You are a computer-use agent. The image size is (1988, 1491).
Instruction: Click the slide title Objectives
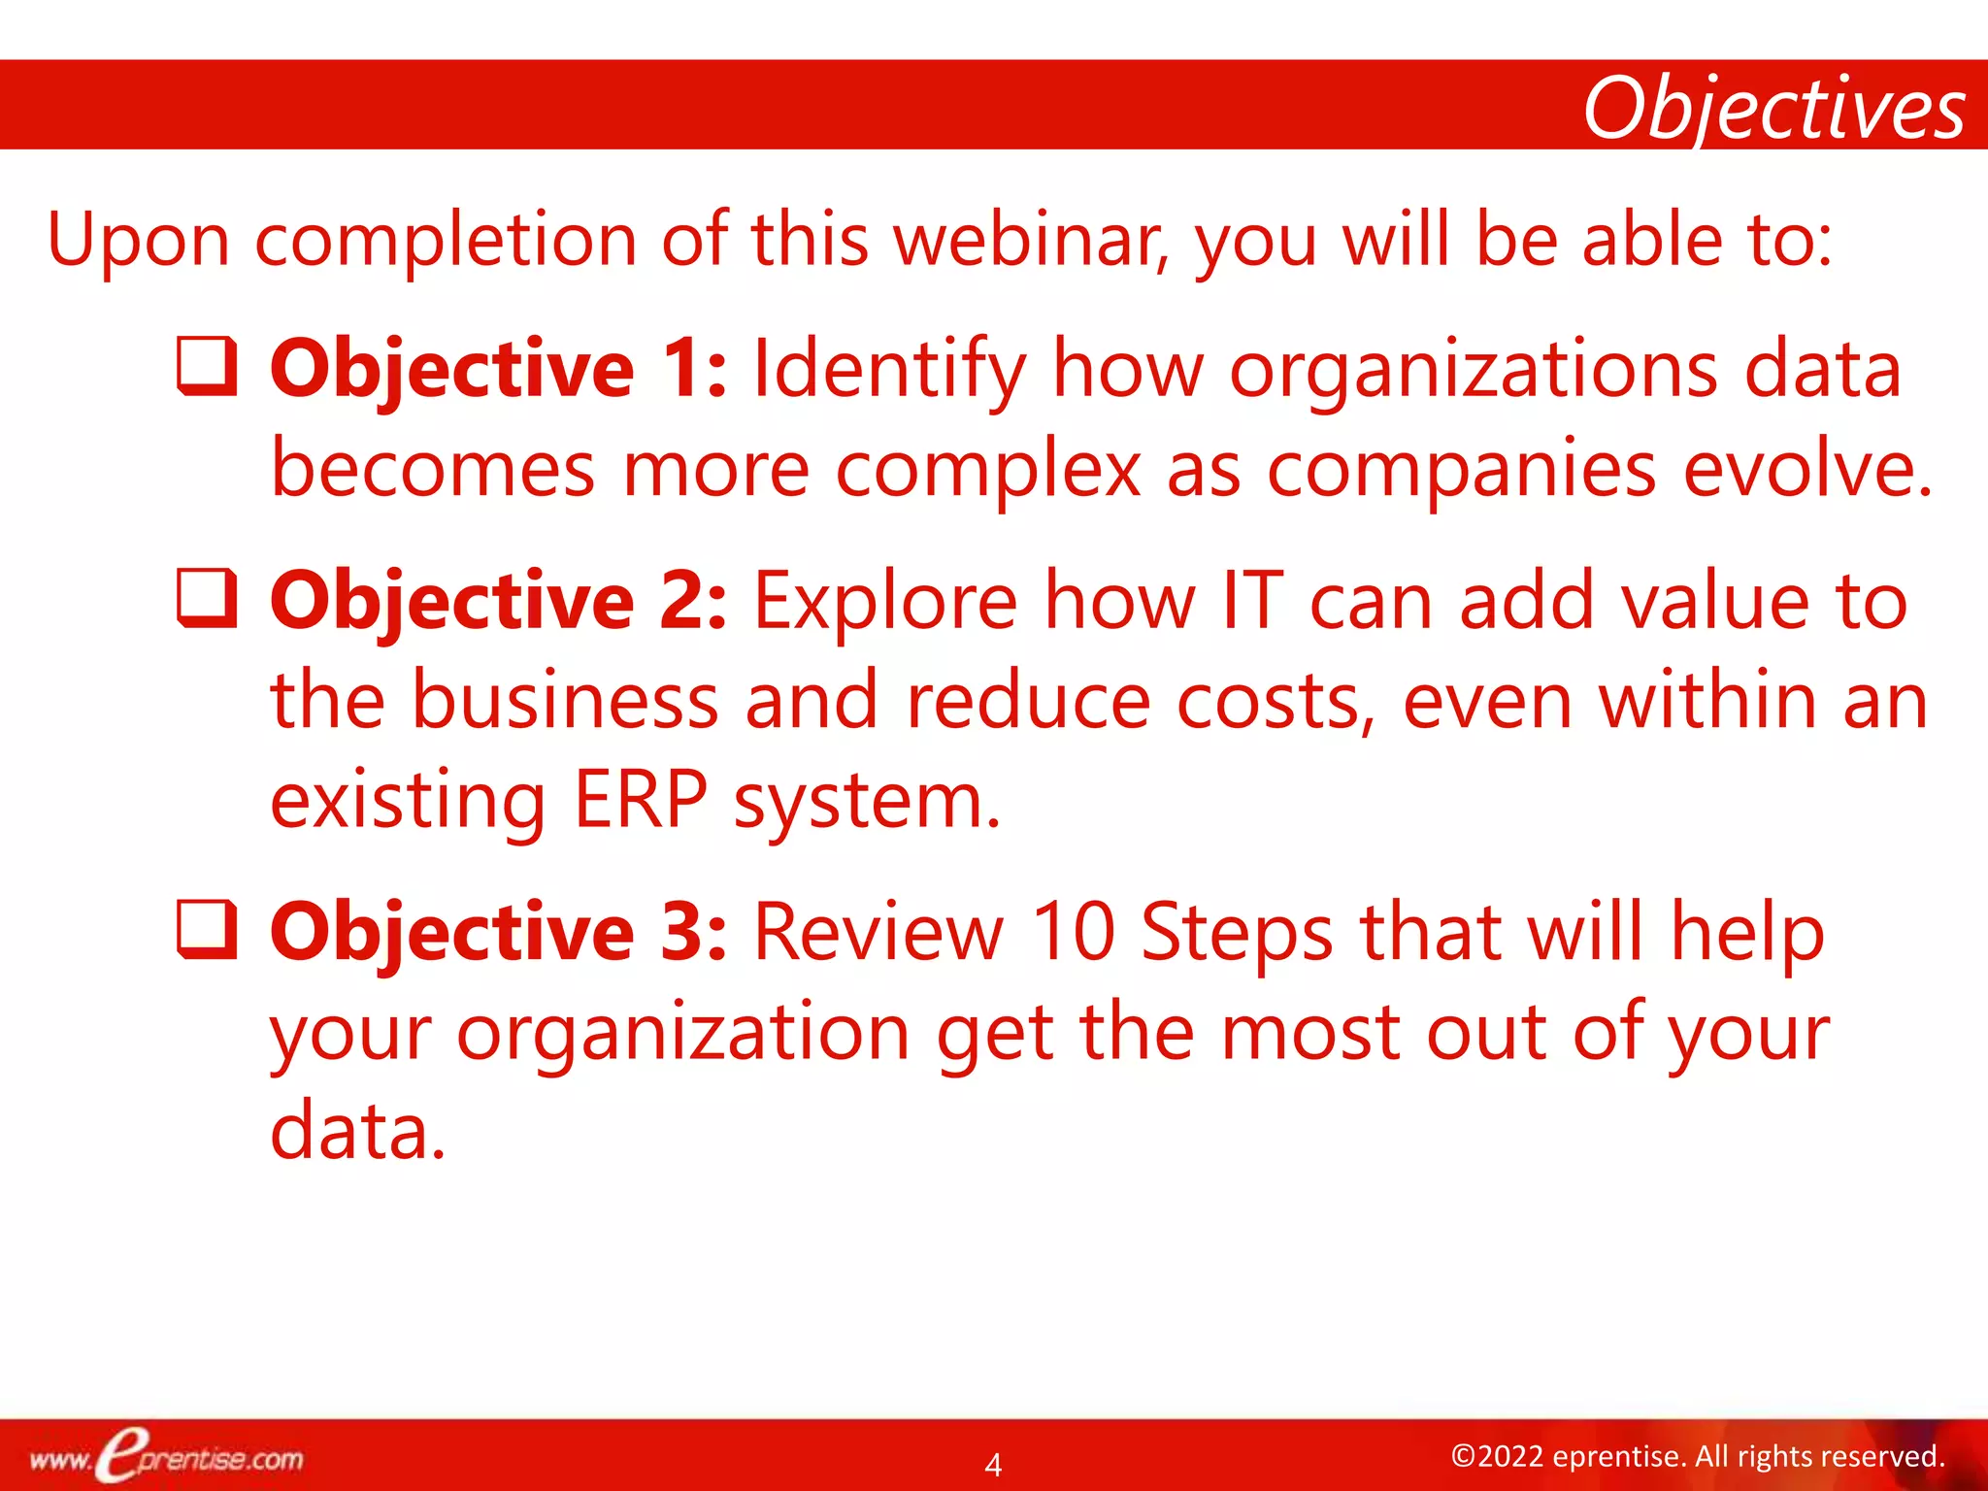1773,109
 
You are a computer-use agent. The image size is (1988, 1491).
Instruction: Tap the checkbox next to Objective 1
207,367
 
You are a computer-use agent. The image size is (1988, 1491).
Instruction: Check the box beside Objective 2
207,598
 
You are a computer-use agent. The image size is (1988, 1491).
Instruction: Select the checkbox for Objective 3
207,929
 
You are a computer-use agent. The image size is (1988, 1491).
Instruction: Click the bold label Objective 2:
498,601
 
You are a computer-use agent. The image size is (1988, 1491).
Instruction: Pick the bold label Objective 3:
498,932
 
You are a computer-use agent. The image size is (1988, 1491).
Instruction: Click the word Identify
889,371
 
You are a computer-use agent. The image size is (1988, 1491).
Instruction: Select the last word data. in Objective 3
357,1131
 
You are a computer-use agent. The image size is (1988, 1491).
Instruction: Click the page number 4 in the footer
993,1464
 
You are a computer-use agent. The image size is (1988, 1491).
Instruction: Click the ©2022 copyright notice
1697,1456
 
